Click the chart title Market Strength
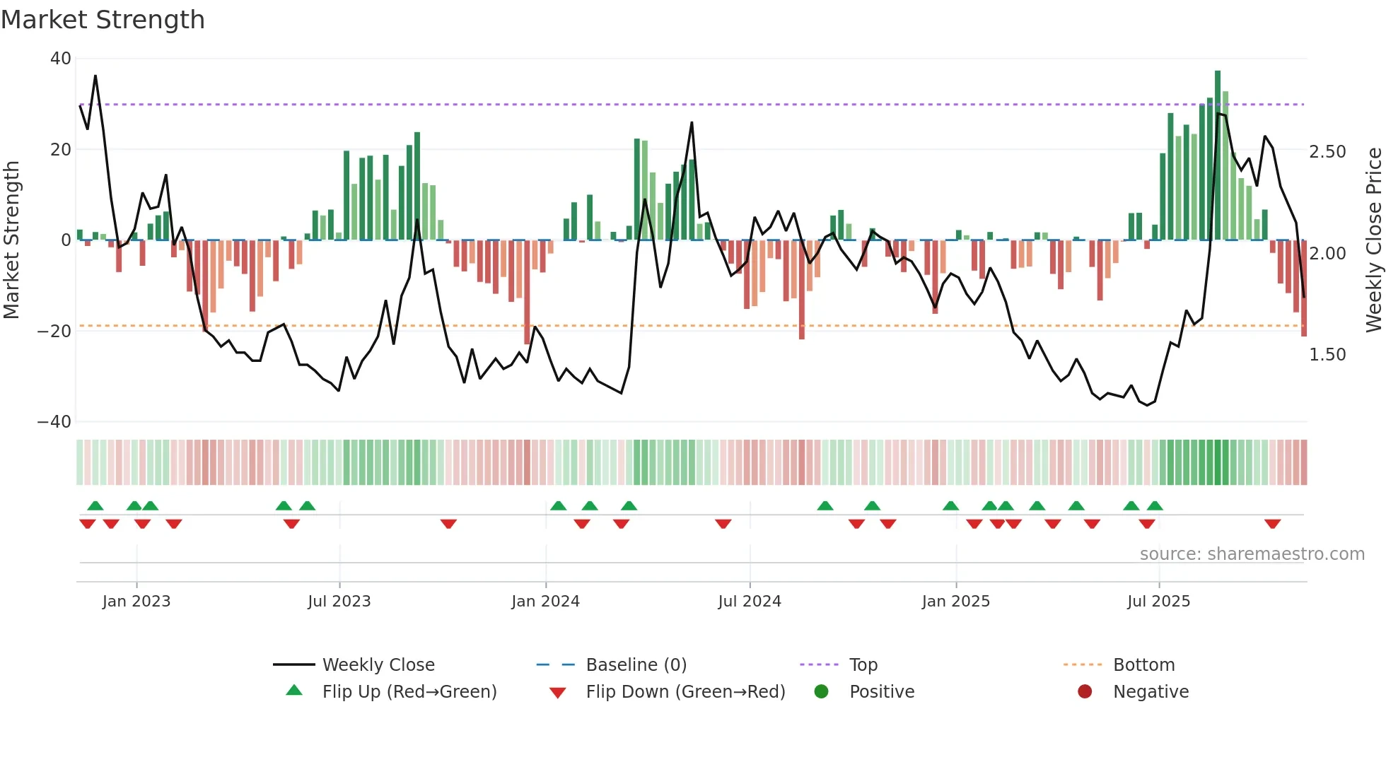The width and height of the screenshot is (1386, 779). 103,20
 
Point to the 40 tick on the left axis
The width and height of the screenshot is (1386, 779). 61,59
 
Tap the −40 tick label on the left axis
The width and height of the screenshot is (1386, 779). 54,422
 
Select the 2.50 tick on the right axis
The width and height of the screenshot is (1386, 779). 1327,152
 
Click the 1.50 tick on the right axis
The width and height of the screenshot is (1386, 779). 1327,355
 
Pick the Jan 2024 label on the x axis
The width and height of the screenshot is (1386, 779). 545,602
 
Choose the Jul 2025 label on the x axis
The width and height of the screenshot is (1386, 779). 1158,602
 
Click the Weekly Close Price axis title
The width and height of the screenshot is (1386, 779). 1373,240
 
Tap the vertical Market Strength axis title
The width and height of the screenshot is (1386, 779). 11,240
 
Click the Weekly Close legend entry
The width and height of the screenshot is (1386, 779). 378,665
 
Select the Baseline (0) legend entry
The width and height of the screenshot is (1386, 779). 636,665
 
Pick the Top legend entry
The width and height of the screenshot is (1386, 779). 863,665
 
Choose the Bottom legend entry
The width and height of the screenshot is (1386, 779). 1143,665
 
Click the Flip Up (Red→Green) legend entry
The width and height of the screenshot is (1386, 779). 409,692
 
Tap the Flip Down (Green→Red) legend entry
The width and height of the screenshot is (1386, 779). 685,692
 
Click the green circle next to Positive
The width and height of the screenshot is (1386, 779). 821,692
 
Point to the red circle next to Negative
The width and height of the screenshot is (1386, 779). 1085,692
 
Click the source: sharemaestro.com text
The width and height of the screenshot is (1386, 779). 1252,554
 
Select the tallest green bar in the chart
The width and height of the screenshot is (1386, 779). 1218,156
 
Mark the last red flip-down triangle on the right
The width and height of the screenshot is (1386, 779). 1273,524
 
